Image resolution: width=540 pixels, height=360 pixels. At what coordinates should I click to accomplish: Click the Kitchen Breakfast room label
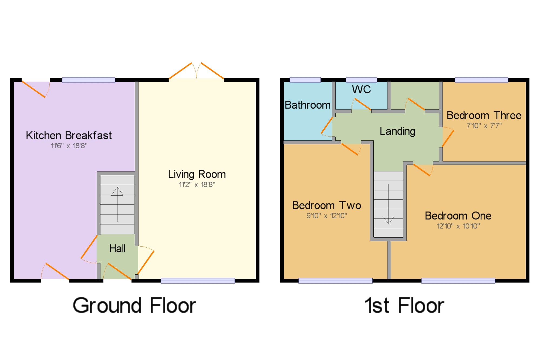(69, 135)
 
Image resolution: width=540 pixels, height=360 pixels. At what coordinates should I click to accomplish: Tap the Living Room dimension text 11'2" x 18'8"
(197, 185)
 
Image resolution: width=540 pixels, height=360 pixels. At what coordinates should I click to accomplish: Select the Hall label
(117, 248)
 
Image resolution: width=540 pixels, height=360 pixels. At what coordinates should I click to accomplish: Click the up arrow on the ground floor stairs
(117, 204)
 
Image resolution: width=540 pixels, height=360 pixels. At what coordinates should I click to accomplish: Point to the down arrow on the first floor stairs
(389, 204)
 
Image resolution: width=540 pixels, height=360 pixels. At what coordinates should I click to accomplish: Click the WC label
(362, 89)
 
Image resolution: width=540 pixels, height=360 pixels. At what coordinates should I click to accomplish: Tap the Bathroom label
(308, 105)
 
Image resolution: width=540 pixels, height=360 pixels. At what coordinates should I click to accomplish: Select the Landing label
(397, 132)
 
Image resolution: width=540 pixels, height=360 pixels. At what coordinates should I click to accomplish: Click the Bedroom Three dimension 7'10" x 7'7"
(484, 126)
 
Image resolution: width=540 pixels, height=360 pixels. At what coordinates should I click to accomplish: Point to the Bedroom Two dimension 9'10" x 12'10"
(327, 216)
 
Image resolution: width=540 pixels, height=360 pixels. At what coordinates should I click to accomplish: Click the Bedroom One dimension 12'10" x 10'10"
(458, 226)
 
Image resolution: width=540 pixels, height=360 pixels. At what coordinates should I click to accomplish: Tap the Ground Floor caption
(134, 305)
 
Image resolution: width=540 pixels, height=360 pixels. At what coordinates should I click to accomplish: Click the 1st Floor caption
(404, 305)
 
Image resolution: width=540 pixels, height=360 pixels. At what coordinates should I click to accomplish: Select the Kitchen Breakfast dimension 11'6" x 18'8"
(69, 146)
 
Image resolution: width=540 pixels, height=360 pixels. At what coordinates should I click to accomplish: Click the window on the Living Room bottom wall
(198, 281)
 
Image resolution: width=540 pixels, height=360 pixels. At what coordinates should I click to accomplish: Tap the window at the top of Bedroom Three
(481, 80)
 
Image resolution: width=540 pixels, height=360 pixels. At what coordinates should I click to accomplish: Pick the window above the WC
(361, 80)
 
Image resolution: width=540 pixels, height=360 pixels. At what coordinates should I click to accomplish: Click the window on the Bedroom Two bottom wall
(335, 281)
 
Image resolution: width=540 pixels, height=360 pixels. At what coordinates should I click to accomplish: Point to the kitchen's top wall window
(89, 80)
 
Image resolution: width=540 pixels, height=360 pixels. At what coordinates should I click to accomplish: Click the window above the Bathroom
(305, 80)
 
